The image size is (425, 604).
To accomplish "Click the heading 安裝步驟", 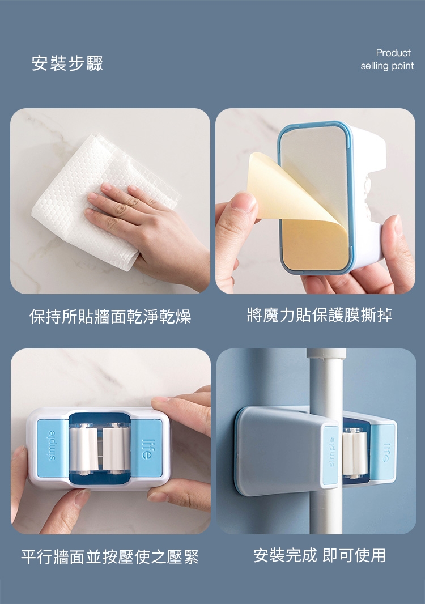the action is click(x=67, y=63).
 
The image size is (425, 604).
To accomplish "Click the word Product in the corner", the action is click(x=393, y=53).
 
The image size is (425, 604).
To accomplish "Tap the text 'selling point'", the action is click(x=387, y=66).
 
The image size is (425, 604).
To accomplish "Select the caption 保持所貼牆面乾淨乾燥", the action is click(x=110, y=317).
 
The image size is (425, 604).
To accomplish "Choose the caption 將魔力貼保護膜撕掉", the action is click(x=320, y=315).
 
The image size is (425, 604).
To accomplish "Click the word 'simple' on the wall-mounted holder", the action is click(x=52, y=445).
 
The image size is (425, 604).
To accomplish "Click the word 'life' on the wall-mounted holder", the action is click(x=146, y=449).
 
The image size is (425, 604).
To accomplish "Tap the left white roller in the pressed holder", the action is click(x=83, y=449).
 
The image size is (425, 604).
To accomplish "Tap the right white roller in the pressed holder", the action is click(x=116, y=449).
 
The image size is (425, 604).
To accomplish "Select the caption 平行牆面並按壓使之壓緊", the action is click(x=110, y=557).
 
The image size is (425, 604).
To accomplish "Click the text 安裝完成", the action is click(x=285, y=555).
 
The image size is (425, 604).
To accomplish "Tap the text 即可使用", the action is click(x=354, y=555).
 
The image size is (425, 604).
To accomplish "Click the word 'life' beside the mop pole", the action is click(x=386, y=453).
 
